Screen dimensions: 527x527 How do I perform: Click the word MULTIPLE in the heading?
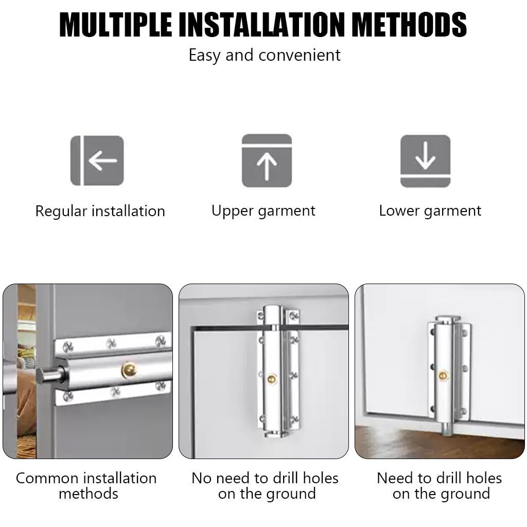[116, 25]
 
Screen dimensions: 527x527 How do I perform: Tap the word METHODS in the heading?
[411, 25]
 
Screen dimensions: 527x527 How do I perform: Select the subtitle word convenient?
[300, 55]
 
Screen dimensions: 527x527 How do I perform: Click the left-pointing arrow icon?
[97, 161]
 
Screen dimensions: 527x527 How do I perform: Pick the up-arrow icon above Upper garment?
[267, 161]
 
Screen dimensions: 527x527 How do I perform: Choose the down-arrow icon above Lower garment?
[426, 161]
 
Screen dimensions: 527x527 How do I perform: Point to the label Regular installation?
[100, 212]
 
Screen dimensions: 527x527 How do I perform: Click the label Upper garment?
[263, 211]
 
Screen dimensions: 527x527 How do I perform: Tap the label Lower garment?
[430, 211]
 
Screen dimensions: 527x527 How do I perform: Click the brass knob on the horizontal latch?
[129, 370]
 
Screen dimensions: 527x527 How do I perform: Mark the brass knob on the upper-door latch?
[272, 379]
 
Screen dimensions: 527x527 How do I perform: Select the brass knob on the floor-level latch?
[443, 375]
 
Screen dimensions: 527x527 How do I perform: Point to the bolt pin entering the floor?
[447, 429]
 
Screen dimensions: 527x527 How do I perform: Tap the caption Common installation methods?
[86, 486]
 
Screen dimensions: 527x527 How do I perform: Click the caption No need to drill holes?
[265, 478]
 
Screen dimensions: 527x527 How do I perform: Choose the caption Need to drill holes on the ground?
[440, 486]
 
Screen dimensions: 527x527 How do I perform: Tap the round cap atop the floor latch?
[447, 319]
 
